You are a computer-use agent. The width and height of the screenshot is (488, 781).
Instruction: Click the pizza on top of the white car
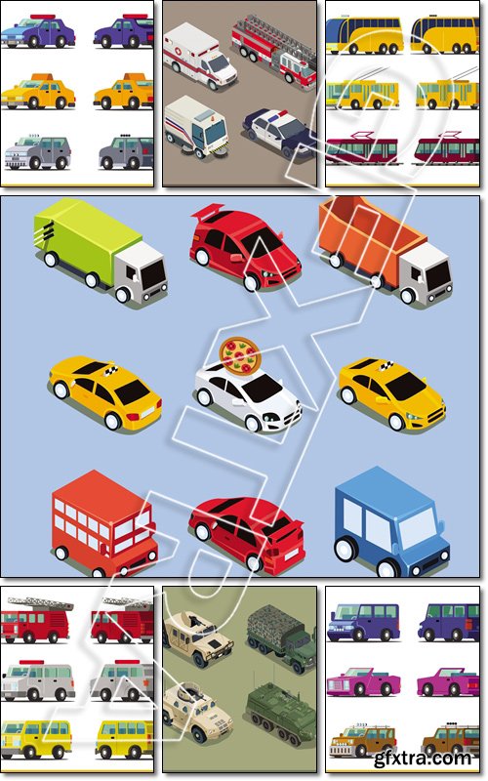[240, 356]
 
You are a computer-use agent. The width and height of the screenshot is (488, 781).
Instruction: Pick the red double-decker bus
[103, 524]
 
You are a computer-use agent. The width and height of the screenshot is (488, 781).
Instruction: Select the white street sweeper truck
[196, 127]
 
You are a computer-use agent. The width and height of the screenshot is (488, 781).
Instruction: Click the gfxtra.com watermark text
[423, 759]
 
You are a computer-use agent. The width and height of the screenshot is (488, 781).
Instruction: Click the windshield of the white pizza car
[263, 388]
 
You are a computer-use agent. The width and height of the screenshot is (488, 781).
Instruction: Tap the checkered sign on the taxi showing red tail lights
[111, 370]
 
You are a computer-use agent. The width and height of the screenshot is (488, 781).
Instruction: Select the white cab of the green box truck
[142, 271]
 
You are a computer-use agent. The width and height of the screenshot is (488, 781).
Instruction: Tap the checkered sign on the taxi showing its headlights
[386, 367]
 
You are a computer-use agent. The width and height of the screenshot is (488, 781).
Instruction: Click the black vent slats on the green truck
[47, 230]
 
